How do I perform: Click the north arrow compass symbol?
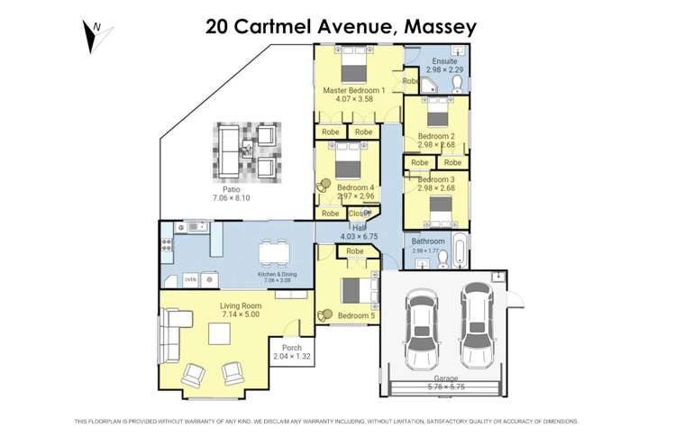pyautogui.click(x=96, y=35)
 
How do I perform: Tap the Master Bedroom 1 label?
pyautogui.click(x=354, y=90)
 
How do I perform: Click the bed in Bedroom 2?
pyautogui.click(x=437, y=116)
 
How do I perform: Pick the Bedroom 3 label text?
pyautogui.click(x=437, y=179)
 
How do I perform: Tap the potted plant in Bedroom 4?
pyautogui.click(x=324, y=186)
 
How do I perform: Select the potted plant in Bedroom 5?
pyautogui.click(x=324, y=314)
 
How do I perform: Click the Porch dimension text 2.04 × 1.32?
pyautogui.click(x=291, y=357)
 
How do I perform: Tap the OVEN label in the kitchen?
pyautogui.click(x=190, y=279)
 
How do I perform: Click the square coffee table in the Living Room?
pyautogui.click(x=221, y=334)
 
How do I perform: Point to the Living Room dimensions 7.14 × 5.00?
pyautogui.click(x=240, y=314)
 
